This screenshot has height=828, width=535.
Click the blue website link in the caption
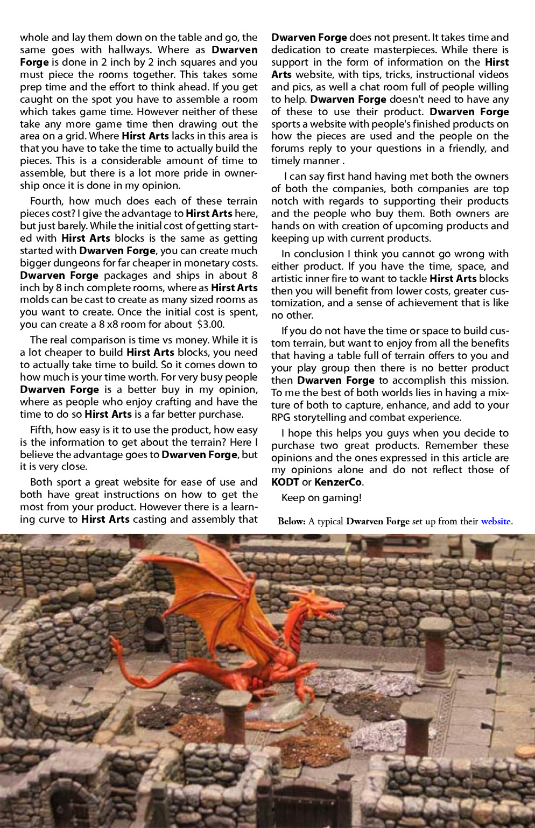(x=495, y=521)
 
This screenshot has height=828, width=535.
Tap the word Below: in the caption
(x=292, y=521)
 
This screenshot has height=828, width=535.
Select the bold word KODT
(x=285, y=482)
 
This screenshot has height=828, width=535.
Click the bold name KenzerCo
(x=338, y=482)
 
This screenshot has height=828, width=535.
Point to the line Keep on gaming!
(x=321, y=497)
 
